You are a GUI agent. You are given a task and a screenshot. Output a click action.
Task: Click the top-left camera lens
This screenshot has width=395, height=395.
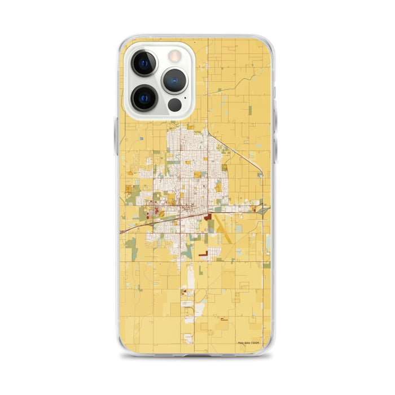pyautogui.click(x=144, y=63)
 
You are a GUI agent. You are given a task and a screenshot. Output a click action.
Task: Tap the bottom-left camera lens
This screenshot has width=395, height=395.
pyautogui.click(x=144, y=97)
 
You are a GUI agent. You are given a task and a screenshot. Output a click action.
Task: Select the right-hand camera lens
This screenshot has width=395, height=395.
pyautogui.click(x=175, y=80)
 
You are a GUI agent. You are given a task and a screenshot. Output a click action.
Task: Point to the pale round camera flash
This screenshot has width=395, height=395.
pyautogui.click(x=175, y=55)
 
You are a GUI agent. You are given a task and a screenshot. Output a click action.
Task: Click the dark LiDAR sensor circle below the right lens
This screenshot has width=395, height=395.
pyautogui.click(x=175, y=105)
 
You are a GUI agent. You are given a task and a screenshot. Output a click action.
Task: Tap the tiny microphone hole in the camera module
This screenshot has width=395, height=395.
pyautogui.click(x=160, y=80)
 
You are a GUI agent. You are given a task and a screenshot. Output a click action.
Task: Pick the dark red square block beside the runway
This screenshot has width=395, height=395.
pyautogui.click(x=208, y=217)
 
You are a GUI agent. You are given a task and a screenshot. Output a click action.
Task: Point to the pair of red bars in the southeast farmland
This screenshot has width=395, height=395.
pyautogui.click(x=224, y=319)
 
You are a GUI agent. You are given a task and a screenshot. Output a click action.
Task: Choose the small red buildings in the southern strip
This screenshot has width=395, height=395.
pyautogui.click(x=185, y=292)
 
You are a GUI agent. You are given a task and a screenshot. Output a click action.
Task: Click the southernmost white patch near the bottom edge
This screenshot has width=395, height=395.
pyautogui.click(x=188, y=338)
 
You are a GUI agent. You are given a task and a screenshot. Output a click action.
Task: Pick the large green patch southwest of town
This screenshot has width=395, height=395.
pyautogui.click(x=132, y=244)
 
